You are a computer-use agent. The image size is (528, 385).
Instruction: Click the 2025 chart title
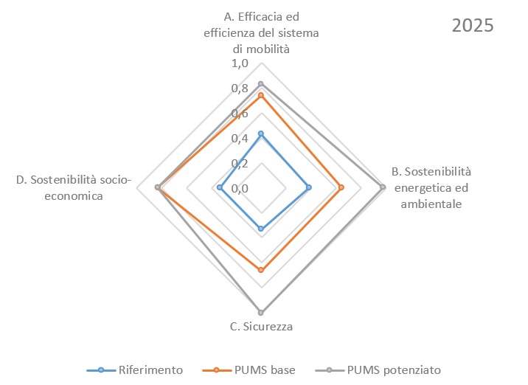(472, 25)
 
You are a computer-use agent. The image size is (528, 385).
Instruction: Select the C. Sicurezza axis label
(261, 327)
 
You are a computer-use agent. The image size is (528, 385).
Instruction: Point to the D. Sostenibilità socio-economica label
(73, 187)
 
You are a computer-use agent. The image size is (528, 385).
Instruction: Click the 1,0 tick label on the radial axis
(240, 63)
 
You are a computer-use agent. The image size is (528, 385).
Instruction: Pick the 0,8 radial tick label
(240, 89)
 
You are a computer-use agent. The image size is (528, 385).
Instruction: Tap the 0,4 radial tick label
(240, 139)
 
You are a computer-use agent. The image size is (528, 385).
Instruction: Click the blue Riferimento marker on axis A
(261, 133)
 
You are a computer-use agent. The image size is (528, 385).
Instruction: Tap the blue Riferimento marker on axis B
(309, 187)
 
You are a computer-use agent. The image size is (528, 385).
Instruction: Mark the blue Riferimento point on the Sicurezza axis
(261, 229)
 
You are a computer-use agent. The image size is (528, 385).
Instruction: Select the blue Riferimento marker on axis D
(220, 187)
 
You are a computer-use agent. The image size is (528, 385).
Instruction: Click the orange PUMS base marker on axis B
(341, 187)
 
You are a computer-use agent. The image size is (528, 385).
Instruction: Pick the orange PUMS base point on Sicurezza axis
(261, 271)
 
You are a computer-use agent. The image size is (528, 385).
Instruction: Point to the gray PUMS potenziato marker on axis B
(383, 187)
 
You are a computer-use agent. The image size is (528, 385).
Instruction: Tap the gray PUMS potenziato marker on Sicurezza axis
(261, 313)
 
